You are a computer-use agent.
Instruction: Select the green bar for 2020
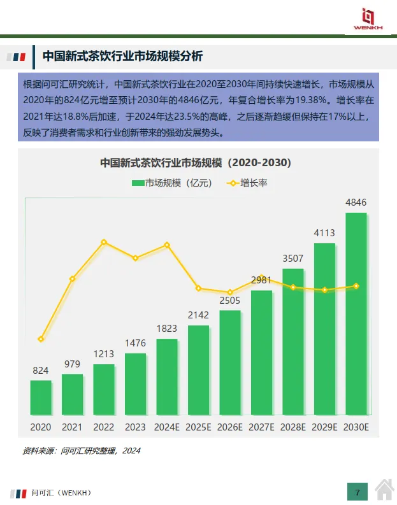tap(41, 397)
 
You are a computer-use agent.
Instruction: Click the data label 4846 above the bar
tap(356, 203)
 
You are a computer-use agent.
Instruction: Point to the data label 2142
tap(198, 315)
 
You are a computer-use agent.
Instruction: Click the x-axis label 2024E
tap(167, 427)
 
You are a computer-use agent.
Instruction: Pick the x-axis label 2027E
tap(261, 427)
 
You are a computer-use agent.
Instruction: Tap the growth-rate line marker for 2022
tap(104, 242)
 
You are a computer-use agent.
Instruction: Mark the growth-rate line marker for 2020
tap(41, 339)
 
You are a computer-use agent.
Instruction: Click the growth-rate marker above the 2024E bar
tap(167, 245)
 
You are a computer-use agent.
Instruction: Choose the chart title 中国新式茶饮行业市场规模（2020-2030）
tap(196, 163)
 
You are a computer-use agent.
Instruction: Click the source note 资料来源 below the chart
tap(81, 451)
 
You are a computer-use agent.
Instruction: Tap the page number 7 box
tap(357, 492)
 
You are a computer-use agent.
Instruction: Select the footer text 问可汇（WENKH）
tap(61, 492)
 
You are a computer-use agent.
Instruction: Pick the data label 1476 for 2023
tap(135, 343)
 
